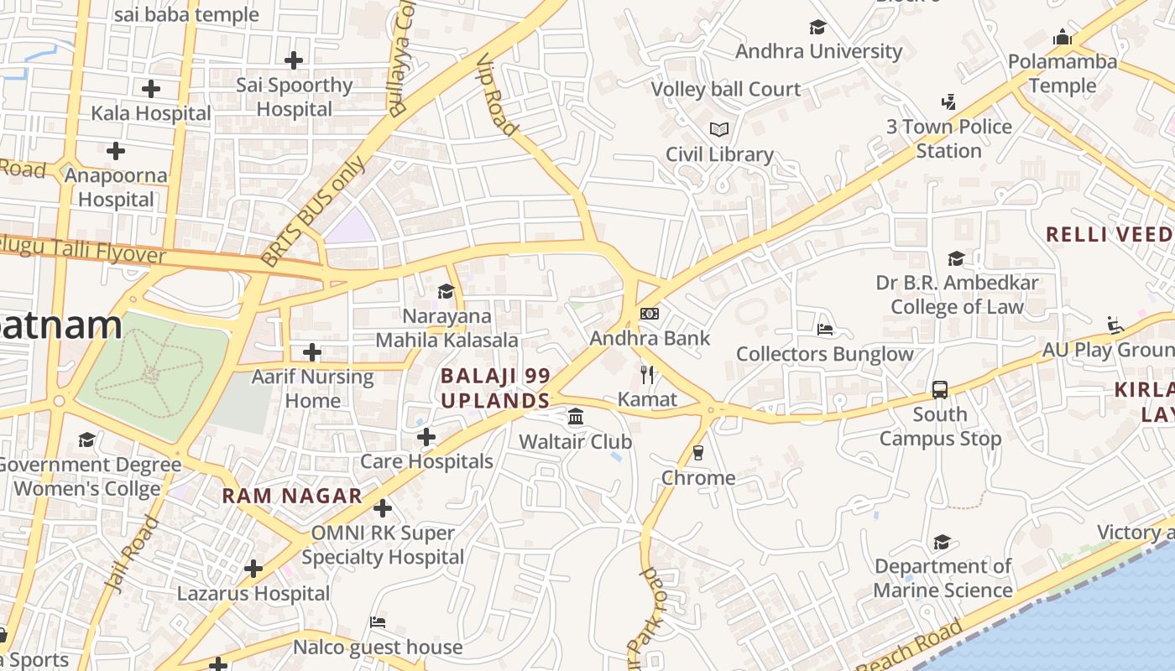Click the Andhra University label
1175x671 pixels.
point(818,51)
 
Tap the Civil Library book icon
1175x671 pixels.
point(719,129)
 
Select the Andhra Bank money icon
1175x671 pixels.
point(650,314)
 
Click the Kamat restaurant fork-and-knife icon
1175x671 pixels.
point(647,374)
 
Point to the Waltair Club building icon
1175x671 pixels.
point(576,417)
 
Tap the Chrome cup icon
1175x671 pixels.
point(697,453)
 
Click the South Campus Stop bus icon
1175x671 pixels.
point(940,390)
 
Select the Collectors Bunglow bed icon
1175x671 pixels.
point(825,330)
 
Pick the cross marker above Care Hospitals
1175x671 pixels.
point(426,437)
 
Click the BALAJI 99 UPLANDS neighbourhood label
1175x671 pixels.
point(495,388)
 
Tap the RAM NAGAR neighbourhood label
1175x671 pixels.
point(292,496)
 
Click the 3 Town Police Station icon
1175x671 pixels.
point(948,102)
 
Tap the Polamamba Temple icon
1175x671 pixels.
point(1063,38)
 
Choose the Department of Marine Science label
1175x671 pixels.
point(943,578)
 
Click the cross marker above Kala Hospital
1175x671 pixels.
point(151,88)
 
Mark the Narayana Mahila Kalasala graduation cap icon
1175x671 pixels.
point(446,291)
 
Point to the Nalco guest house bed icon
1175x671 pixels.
point(378,622)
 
